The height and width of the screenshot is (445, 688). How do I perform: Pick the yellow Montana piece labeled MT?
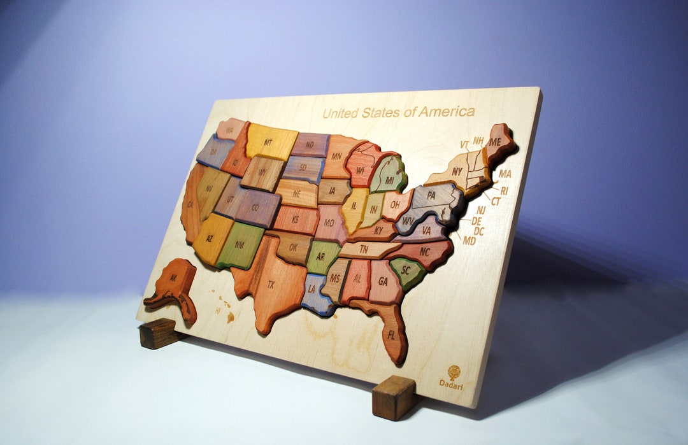271,142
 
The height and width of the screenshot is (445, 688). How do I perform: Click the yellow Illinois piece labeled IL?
354,208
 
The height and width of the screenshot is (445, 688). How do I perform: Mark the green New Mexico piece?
240,245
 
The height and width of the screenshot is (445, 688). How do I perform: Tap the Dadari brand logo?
453,373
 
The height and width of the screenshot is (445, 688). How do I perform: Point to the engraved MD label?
469,241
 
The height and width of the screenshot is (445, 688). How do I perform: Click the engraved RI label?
503,190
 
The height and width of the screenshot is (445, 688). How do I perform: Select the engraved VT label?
464,145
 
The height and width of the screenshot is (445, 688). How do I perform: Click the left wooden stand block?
156,333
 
